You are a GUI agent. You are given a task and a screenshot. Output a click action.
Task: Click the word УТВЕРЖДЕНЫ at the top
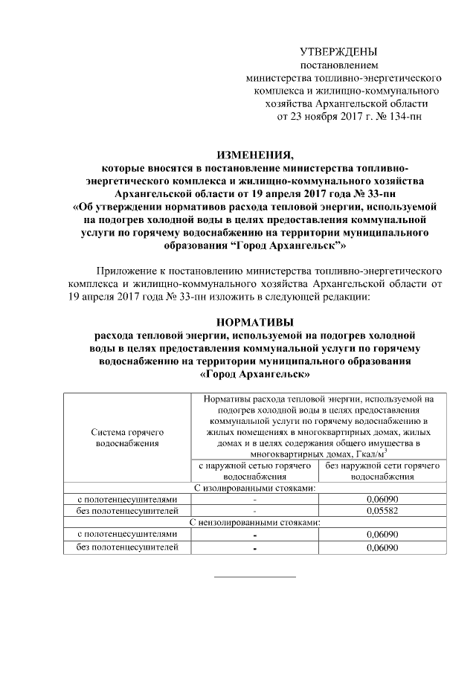(338, 52)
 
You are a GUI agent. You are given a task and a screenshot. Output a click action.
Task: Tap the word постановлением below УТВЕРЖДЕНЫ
(338, 65)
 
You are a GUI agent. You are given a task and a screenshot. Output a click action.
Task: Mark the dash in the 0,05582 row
(254, 512)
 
